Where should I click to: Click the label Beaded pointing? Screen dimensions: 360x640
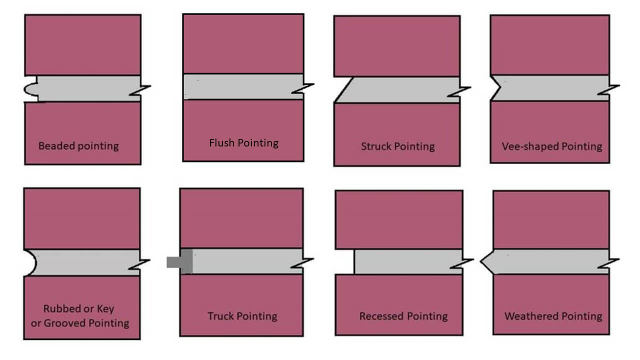tap(78, 146)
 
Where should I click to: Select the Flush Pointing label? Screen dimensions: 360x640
tap(243, 143)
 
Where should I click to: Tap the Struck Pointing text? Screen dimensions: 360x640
tap(397, 146)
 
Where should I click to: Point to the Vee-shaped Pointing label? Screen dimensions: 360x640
tap(552, 146)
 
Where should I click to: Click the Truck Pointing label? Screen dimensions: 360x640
tap(242, 316)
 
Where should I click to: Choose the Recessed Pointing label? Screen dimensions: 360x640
tap(403, 316)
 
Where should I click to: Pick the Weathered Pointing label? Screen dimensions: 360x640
tap(553, 316)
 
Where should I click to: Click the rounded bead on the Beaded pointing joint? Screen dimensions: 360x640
tap(29, 89)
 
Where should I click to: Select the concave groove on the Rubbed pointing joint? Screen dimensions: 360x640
tap(30, 262)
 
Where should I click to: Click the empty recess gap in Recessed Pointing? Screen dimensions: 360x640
tap(345, 261)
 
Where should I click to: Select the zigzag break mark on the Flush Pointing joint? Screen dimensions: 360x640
tap(303, 87)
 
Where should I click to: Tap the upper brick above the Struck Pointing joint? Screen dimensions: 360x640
tap(397, 46)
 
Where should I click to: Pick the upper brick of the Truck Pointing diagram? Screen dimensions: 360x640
tap(241, 218)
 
